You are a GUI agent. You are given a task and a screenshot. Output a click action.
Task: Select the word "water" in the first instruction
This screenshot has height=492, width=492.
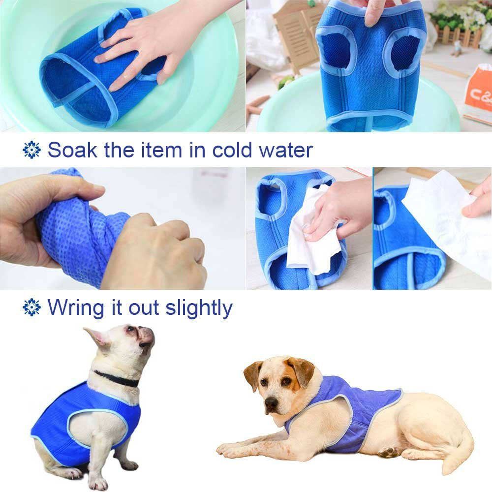[x=287, y=150]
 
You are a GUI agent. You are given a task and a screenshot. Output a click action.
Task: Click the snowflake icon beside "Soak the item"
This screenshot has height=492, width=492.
[x=32, y=150]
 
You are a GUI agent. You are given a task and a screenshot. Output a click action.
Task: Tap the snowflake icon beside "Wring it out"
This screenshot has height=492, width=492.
[x=32, y=308]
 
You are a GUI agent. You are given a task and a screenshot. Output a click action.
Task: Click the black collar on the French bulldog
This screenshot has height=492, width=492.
[x=117, y=379]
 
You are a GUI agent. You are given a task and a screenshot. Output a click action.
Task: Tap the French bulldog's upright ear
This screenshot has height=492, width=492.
[x=97, y=338]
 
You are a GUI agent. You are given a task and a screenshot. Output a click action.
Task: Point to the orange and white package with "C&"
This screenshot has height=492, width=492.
[x=477, y=96]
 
